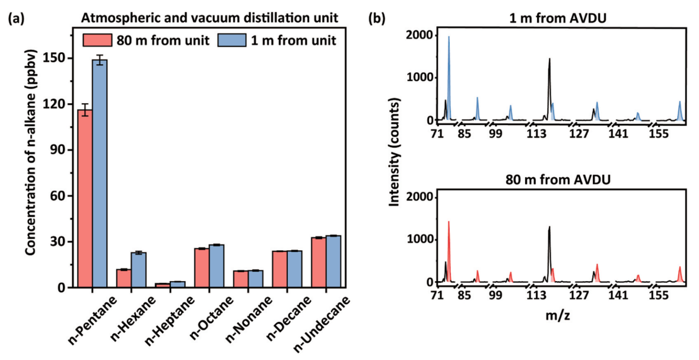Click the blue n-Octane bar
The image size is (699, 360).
(216, 266)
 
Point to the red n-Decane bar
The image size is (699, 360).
(279, 269)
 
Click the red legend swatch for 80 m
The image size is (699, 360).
(93, 41)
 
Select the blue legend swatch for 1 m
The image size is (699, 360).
(229, 41)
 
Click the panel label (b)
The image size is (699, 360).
(376, 18)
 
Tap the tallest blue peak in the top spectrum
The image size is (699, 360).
(449, 77)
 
